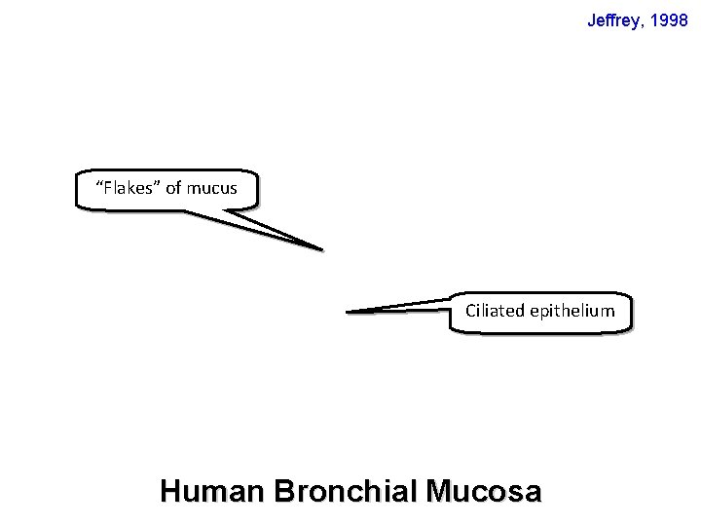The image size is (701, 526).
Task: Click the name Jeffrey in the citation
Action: click(614, 19)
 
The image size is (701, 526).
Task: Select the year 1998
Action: click(670, 19)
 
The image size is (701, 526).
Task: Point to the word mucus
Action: click(212, 188)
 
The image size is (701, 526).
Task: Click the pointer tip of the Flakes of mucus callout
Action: click(321, 249)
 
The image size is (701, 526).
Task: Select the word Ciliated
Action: click(496, 311)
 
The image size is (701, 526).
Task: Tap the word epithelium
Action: click(572, 312)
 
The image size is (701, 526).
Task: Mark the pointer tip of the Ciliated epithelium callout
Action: click(348, 312)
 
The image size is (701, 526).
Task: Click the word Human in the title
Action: click(211, 491)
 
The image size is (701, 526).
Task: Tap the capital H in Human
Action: click(169, 491)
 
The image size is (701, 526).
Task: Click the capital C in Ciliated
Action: click(470, 311)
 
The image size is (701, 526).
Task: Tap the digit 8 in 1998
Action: click(683, 19)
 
